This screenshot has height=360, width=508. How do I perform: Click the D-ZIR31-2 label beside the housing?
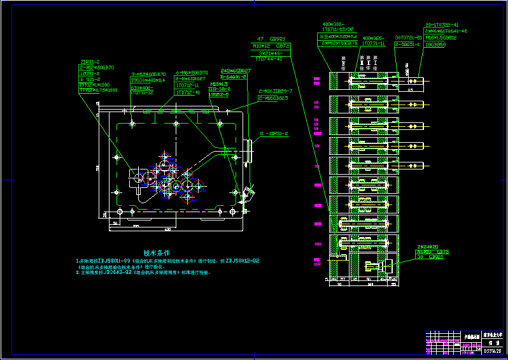click(x=274, y=134)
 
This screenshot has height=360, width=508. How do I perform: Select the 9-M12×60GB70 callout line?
click(x=148, y=74)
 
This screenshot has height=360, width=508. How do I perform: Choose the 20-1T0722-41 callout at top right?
click(x=442, y=24)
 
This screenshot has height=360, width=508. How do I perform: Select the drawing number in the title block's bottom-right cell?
click(x=493, y=350)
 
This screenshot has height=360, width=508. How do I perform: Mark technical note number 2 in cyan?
click(x=143, y=273)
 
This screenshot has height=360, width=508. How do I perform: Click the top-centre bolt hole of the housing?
click(x=175, y=122)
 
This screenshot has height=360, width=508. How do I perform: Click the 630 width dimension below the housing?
click(x=167, y=229)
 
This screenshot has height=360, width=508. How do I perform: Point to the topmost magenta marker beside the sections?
click(x=316, y=81)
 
